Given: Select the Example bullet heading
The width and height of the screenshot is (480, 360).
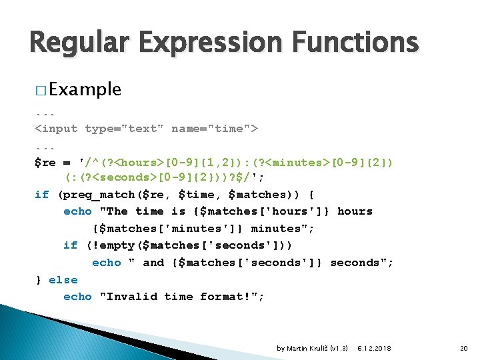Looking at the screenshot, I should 85,90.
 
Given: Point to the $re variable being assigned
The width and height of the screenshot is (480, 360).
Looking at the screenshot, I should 45,162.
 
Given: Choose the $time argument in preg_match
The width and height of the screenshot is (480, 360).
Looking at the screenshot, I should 199,195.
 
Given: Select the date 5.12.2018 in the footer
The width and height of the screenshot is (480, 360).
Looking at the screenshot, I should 374,348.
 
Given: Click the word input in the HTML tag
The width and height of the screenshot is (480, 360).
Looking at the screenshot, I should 59,128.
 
